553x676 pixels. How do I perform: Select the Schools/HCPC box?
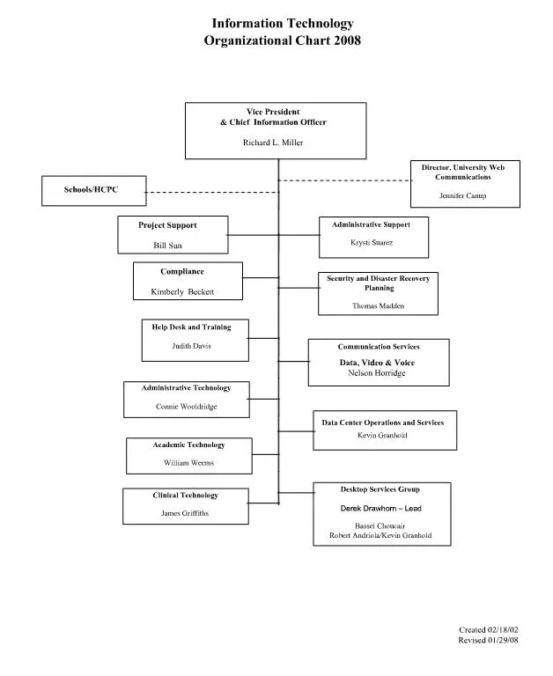pos(92,190)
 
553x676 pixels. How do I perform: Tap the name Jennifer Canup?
pos(462,195)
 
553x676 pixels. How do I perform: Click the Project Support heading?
pos(167,225)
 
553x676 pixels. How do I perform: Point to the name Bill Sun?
pos(167,246)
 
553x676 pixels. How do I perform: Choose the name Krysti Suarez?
pos(371,242)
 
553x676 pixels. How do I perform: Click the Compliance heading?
pos(182,272)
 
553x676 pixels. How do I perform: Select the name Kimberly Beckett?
pos(182,291)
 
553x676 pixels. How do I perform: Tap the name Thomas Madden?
pos(377,306)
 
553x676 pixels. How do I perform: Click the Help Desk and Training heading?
pos(191,327)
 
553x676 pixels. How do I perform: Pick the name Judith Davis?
pos(191,346)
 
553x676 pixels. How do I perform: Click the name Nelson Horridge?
pos(378,373)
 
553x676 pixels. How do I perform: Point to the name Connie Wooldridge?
pos(186,407)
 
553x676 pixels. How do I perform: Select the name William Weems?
pos(188,462)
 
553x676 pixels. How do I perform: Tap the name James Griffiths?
pos(184,513)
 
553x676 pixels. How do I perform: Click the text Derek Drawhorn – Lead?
pos(380,509)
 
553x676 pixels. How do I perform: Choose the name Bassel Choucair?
pos(380,525)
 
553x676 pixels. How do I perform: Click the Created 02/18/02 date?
pos(490,630)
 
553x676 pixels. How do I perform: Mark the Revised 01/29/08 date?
pos(489,641)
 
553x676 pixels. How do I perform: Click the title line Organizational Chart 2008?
pos(282,40)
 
